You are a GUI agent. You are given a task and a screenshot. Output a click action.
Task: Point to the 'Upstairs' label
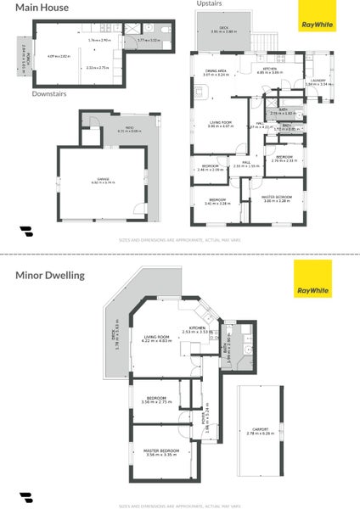point(209,4)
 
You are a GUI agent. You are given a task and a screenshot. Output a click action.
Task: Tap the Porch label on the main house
point(27,59)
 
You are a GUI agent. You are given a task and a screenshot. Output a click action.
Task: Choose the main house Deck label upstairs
point(223,29)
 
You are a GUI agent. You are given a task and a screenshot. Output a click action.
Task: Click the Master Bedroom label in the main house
point(277,198)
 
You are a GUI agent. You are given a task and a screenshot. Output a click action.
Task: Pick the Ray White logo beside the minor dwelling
point(312,281)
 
